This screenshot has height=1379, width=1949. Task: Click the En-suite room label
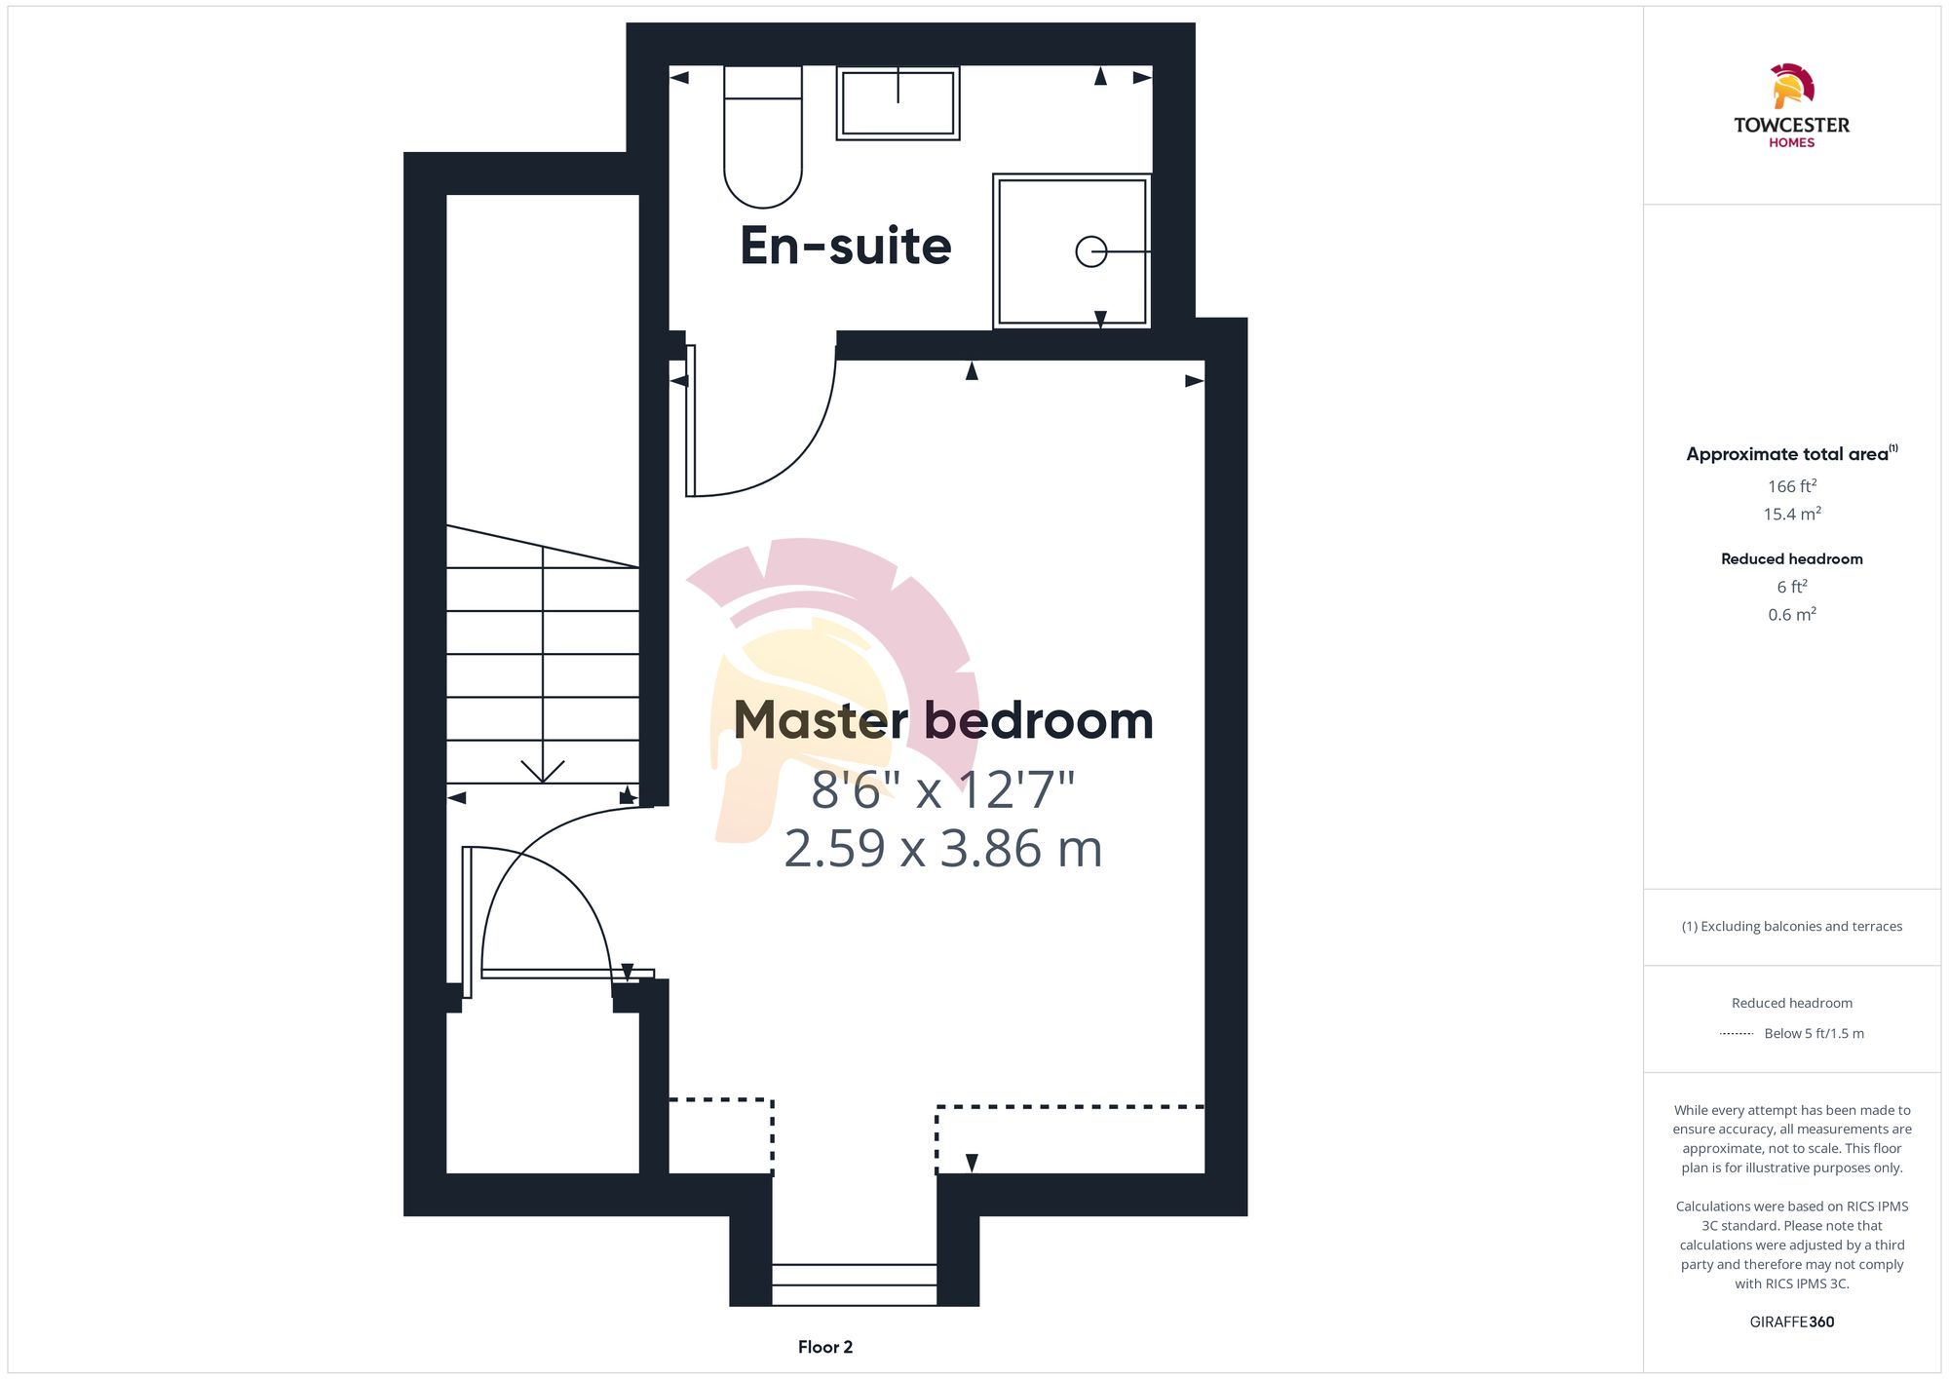(x=845, y=246)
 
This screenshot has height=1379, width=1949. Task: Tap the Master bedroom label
(x=942, y=720)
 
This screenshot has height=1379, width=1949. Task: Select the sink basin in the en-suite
(x=898, y=102)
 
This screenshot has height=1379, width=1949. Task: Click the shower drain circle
(x=1090, y=251)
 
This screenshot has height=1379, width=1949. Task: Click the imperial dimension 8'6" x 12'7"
(x=942, y=789)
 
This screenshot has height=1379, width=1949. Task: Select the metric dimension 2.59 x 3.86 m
(x=942, y=848)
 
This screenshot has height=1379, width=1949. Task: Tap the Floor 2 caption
(x=824, y=1347)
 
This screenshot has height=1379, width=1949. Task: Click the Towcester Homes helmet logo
(x=1791, y=86)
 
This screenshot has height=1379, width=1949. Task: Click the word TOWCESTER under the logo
(x=1791, y=125)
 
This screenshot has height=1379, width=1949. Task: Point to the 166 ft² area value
(x=1791, y=486)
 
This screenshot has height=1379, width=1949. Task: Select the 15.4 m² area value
(x=1791, y=514)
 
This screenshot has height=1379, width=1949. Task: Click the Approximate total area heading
(x=1787, y=454)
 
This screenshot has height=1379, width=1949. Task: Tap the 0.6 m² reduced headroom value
(x=1791, y=615)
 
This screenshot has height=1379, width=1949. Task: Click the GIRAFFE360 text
(x=1791, y=1322)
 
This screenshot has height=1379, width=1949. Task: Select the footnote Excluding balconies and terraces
(x=1791, y=927)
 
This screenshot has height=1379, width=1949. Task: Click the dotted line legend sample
(x=1737, y=1034)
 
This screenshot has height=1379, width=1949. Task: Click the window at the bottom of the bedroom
(x=855, y=1283)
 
